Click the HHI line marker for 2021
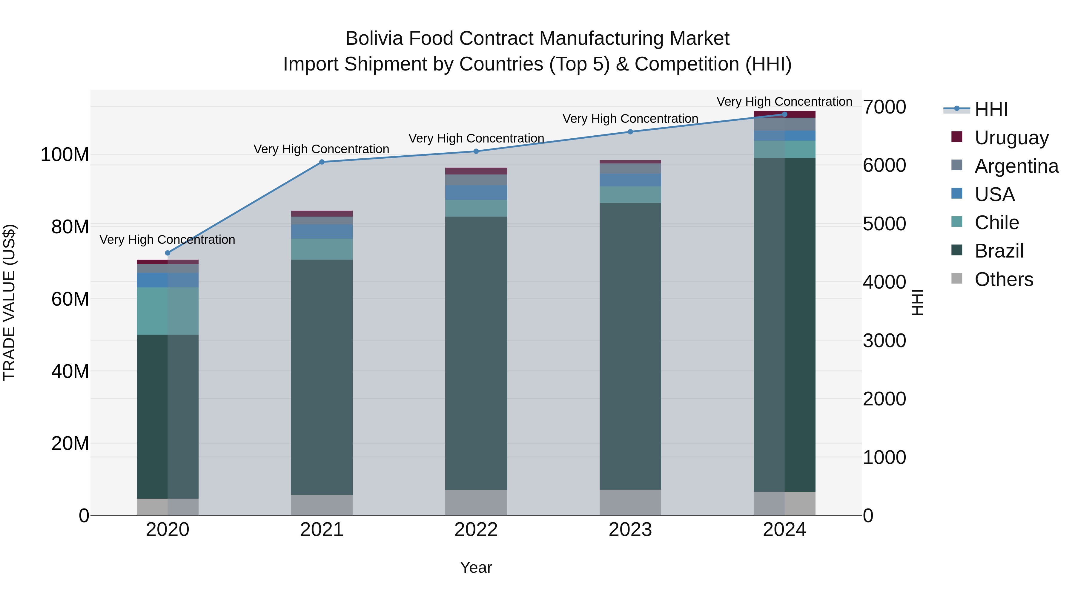[322, 162]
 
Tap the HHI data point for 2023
[630, 132]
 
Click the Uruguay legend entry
[1011, 138]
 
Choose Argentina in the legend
[1016, 166]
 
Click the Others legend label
[1004, 279]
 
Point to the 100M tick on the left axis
[65, 155]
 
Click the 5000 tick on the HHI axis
[884, 224]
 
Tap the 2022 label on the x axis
[476, 530]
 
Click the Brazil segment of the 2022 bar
[476, 353]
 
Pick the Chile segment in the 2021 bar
[322, 249]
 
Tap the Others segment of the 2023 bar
[630, 502]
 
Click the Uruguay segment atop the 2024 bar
[784, 114]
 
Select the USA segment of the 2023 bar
[630, 180]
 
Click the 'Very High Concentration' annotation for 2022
[476, 138]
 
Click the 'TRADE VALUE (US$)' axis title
[10, 302]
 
